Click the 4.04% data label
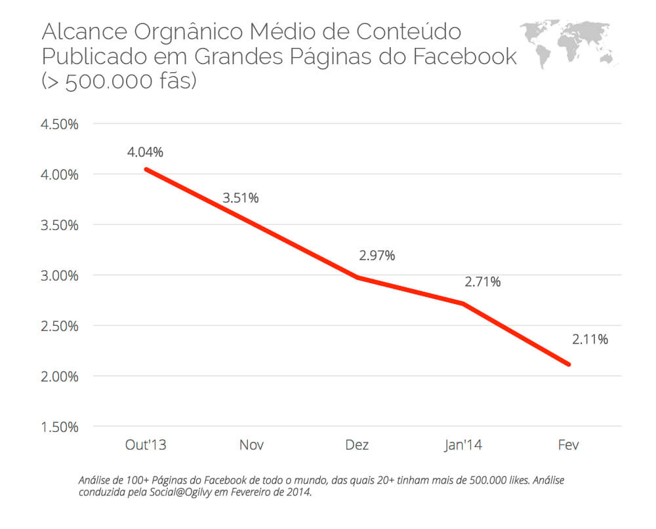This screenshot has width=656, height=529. coord(145,153)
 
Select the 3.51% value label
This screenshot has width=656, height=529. coord(241,198)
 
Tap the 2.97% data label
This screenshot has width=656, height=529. coord(377,256)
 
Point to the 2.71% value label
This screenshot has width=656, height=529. coord(483,282)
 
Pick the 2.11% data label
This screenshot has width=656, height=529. coord(590,340)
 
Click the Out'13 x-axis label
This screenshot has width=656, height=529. coord(146,445)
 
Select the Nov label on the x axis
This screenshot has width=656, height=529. coord(251,445)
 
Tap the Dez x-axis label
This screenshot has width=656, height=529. coord(357,445)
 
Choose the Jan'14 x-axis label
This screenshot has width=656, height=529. coord(463,445)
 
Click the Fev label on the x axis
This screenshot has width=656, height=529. coord(569,445)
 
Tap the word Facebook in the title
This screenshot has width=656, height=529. coord(464,57)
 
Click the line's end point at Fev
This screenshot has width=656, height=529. coord(569,364)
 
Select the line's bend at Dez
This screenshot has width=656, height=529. coord(357,277)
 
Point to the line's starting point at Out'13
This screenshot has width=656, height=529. coord(146,169)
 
